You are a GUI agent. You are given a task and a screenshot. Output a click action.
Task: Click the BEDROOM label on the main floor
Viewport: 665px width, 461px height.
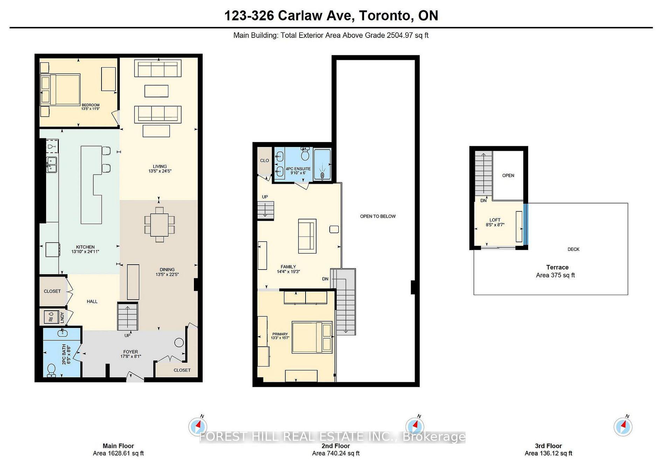click(90, 105)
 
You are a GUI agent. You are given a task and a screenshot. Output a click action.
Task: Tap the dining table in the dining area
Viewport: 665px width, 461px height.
click(159, 224)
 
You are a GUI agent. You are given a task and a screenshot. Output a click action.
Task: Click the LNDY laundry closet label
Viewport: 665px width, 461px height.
click(62, 316)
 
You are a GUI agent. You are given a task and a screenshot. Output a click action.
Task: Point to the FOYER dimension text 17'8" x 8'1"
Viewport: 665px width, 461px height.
click(130, 357)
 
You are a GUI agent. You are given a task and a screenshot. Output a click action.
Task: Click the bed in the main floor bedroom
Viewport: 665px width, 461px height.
click(60, 89)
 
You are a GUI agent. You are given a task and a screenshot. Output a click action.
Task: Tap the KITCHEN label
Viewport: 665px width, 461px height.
click(85, 247)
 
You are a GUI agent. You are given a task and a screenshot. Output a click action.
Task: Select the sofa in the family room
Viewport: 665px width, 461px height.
click(307, 236)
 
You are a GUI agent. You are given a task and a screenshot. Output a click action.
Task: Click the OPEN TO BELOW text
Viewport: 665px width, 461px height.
click(378, 216)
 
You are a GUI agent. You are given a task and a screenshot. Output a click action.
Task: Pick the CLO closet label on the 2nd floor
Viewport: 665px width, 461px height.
click(264, 161)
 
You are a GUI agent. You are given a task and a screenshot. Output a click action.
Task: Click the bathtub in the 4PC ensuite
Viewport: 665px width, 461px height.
click(322, 164)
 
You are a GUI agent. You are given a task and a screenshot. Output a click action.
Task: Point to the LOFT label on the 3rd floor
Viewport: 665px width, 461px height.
click(495, 220)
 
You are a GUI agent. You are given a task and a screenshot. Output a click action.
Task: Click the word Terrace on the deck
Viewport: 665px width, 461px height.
click(557, 267)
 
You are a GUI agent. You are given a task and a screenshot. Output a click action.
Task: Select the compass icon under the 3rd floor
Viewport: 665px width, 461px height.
click(623, 427)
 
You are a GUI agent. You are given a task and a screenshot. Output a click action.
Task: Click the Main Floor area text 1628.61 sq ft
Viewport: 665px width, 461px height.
click(118, 453)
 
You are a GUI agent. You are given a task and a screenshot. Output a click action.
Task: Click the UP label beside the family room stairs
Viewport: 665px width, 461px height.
click(265, 197)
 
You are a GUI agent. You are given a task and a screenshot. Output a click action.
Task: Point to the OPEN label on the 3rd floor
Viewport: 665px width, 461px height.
click(508, 175)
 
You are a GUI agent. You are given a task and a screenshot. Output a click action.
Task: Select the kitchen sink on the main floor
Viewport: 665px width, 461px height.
click(51, 165)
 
